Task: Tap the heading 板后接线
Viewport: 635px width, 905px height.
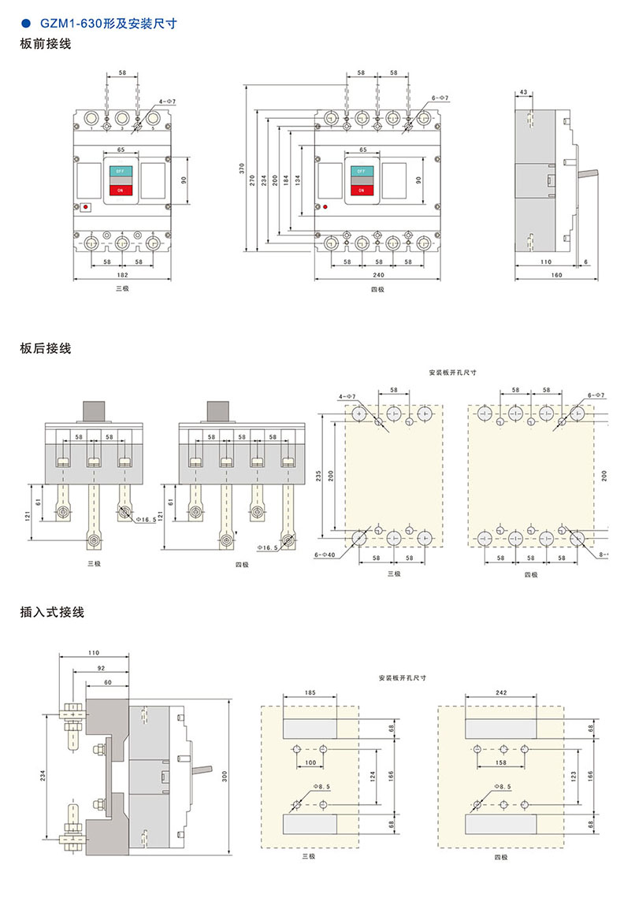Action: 46,348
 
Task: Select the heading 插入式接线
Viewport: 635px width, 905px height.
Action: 52,611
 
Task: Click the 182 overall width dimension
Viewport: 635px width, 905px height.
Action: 122,275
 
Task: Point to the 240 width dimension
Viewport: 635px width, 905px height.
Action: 378,275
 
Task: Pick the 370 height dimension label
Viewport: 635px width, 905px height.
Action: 243,168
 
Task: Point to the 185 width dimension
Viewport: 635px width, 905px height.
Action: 309,692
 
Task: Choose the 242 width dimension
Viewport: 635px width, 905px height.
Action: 502,692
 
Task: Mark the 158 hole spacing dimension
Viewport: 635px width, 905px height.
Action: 502,763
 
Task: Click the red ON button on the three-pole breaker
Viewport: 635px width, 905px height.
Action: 121,190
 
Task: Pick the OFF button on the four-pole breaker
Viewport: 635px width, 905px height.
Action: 362,171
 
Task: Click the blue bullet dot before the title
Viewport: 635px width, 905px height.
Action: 26,24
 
